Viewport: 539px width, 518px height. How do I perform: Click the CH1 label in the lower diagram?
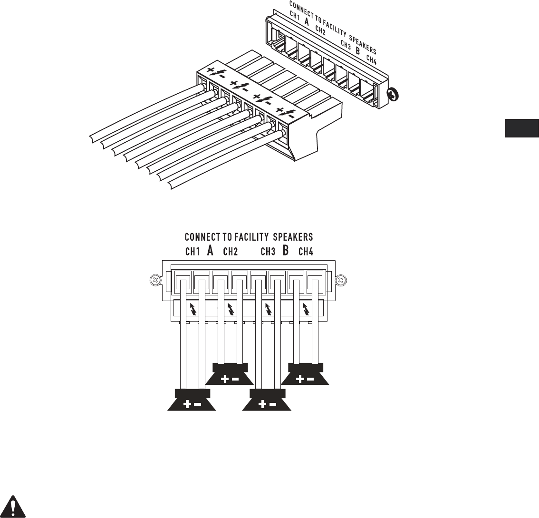pos(192,252)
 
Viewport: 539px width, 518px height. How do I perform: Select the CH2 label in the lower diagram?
pos(231,252)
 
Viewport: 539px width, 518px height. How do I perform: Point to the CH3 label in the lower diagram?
pos(268,252)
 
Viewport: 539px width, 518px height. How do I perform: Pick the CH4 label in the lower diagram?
pos(306,252)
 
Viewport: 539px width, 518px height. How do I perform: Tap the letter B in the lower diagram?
pos(286,251)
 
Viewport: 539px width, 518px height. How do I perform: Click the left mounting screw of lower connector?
pos(153,281)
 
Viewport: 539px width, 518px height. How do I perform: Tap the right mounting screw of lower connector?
pos(340,281)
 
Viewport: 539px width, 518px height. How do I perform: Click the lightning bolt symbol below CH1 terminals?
pos(192,309)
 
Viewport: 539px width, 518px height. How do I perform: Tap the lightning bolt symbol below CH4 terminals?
pos(306,310)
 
